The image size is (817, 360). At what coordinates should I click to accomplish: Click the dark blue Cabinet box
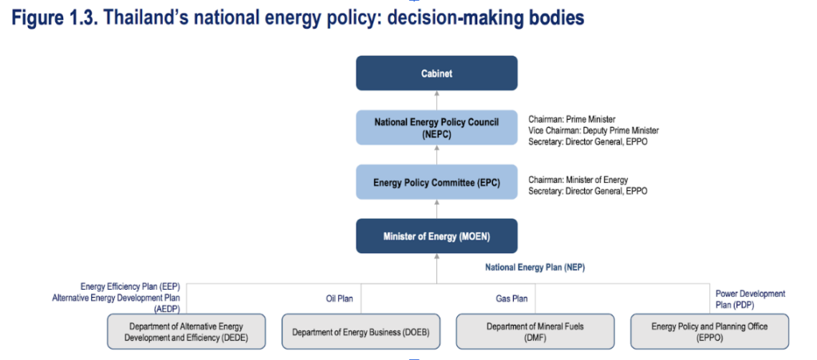click(x=436, y=73)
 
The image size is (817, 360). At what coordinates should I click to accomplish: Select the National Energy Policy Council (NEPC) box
click(x=436, y=127)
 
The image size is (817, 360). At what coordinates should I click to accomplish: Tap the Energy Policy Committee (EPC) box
click(x=436, y=182)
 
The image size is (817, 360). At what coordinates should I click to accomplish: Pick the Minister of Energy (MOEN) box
click(x=436, y=236)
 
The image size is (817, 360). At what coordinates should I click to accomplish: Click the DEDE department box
click(x=186, y=331)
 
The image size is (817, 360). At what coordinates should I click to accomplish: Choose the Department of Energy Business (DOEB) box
click(x=361, y=331)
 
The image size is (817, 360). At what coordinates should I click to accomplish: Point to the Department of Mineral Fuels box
click(x=535, y=331)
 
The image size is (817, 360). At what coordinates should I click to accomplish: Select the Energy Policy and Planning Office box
click(x=709, y=331)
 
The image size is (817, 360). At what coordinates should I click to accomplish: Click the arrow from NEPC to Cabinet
click(x=436, y=101)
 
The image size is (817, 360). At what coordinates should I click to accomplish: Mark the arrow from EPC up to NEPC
click(x=436, y=155)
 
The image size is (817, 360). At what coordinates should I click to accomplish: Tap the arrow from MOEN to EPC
click(x=436, y=209)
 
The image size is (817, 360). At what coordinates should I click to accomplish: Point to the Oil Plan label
click(x=336, y=299)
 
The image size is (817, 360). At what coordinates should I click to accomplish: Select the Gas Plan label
click(x=511, y=299)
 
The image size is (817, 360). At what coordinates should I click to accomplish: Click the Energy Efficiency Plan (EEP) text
click(x=130, y=287)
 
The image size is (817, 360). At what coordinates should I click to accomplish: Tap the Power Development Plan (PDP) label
click(x=750, y=299)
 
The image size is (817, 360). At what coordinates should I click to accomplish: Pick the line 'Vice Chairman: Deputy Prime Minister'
click(x=594, y=130)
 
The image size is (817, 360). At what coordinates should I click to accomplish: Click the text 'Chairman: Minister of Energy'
click(x=578, y=180)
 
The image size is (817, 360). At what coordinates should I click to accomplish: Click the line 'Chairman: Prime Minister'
click(x=571, y=119)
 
